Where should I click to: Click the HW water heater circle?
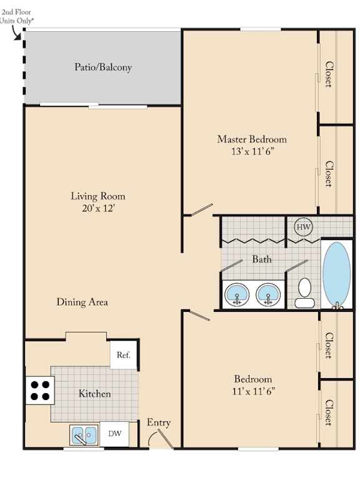point(303,227)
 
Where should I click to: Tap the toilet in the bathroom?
point(304,293)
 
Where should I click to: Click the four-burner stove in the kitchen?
point(40,390)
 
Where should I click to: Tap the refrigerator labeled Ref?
point(123,355)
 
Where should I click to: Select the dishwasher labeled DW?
point(114,434)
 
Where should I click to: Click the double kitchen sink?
point(84,435)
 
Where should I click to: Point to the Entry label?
point(159,422)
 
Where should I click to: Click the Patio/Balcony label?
point(103,67)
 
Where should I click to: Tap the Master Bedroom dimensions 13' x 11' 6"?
point(252,151)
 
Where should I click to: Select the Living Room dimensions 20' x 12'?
point(98,209)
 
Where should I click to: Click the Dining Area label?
point(82,302)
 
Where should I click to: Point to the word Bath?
point(262,259)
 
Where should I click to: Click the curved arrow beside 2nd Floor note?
point(15,33)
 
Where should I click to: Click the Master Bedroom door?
point(202,210)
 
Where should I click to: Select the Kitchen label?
point(94,394)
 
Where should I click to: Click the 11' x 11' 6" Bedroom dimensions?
point(254,391)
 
